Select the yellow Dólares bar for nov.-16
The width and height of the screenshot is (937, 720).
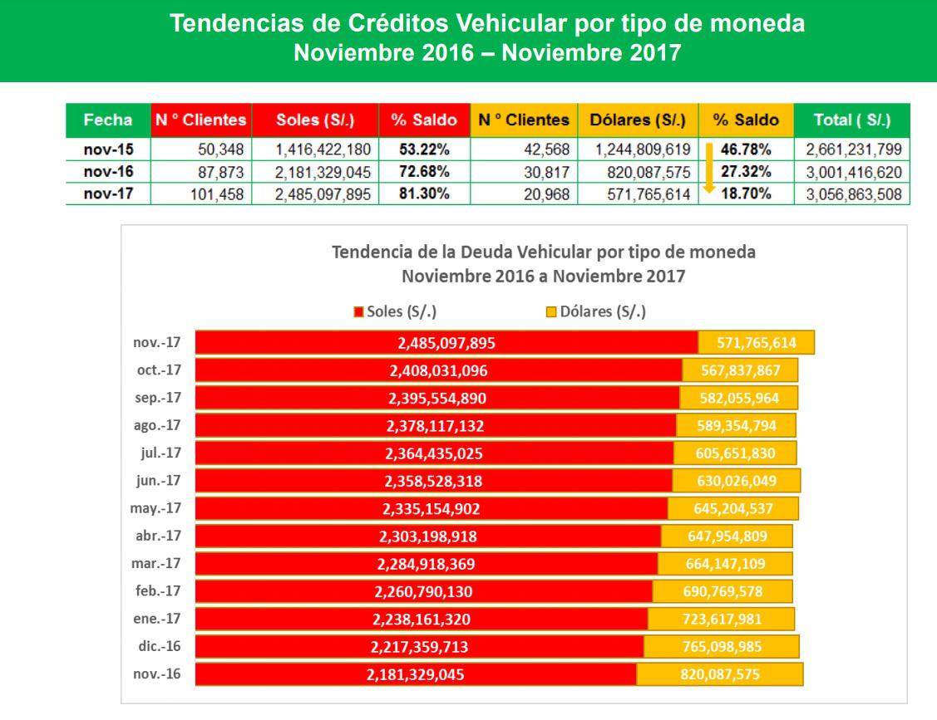[720, 674]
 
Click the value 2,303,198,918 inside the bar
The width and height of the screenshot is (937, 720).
[427, 536]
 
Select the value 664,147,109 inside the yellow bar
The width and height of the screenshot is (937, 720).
[725, 564]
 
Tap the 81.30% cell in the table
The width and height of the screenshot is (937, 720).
[424, 194]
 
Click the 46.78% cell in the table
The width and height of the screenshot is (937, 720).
[746, 149]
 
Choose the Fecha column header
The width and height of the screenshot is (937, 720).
[108, 120]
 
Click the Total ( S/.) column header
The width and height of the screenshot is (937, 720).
[851, 120]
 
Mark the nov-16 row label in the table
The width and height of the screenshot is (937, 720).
[108, 172]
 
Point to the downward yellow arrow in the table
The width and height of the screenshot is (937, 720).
[709, 169]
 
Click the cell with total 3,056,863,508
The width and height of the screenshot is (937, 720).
[851, 194]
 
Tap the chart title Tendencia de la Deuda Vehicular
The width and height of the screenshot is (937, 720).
[544, 252]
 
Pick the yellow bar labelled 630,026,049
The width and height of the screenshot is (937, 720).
[736, 481]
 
